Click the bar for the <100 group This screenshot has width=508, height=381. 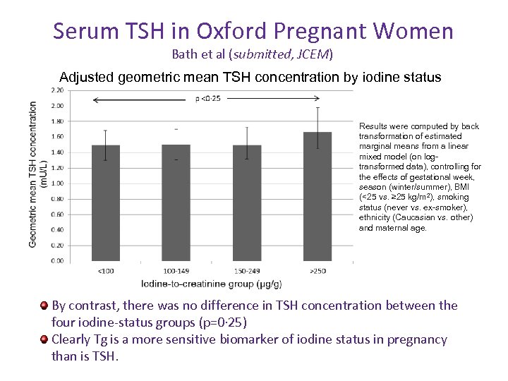click(106, 202)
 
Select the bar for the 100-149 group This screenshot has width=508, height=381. click(176, 202)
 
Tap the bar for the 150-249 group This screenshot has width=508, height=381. click(247, 202)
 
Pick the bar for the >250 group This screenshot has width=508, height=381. click(317, 196)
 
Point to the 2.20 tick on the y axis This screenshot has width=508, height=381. click(56, 90)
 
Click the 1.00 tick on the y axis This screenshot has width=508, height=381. click(56, 183)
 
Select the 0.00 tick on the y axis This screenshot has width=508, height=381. click(56, 261)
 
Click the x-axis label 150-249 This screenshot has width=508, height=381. click(247, 271)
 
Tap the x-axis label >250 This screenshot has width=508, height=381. click(317, 271)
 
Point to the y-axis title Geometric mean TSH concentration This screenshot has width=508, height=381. click(33, 174)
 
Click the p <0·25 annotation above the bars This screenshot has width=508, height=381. click(208, 99)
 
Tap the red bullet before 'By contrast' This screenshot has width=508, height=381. click(44, 306)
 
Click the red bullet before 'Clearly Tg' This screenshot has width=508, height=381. click(44, 339)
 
